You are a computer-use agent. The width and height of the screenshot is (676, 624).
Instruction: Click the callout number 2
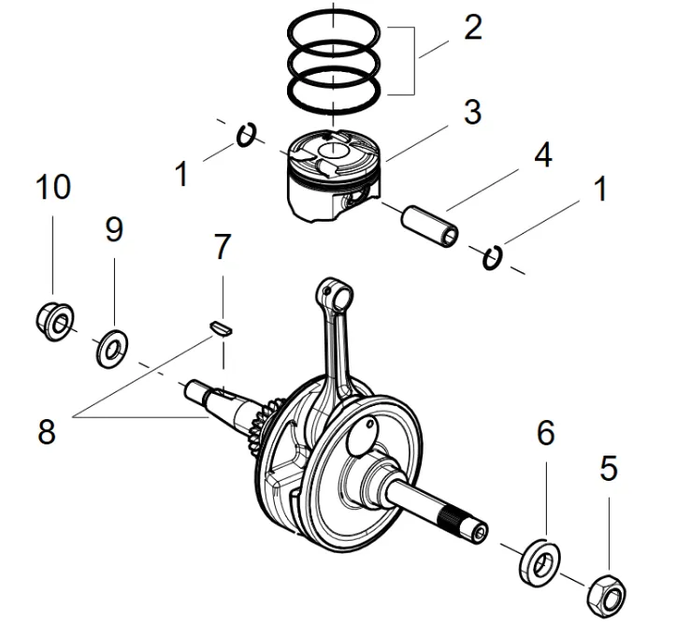472,28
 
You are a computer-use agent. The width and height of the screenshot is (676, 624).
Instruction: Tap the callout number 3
472,112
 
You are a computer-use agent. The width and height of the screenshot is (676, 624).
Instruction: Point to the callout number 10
53,187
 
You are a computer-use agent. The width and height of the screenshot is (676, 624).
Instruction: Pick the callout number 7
221,248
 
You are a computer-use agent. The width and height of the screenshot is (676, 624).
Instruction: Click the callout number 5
608,468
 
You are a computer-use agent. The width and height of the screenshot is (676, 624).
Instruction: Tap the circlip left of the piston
247,136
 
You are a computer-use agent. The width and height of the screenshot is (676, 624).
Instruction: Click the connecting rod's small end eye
338,293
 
